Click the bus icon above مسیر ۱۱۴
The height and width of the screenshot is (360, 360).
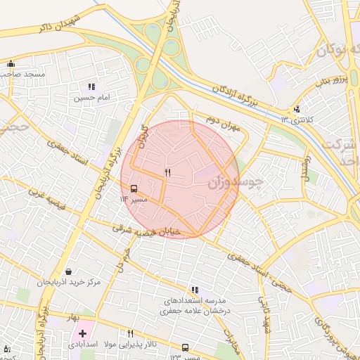pyautogui.click(x=134, y=188)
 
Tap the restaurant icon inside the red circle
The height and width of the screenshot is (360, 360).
pyautogui.click(x=167, y=172)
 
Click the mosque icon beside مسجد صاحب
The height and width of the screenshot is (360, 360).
pyautogui.click(x=10, y=63)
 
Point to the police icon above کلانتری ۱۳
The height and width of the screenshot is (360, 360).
pyautogui.click(x=297, y=109)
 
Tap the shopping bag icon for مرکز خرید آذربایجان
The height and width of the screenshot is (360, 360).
pyautogui.click(x=68, y=271)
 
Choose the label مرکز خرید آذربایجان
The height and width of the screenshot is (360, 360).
pyautogui.click(x=70, y=283)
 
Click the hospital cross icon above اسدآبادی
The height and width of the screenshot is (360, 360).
pyautogui.click(x=83, y=333)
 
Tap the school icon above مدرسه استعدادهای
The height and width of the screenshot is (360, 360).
pyautogui.click(x=195, y=290)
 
